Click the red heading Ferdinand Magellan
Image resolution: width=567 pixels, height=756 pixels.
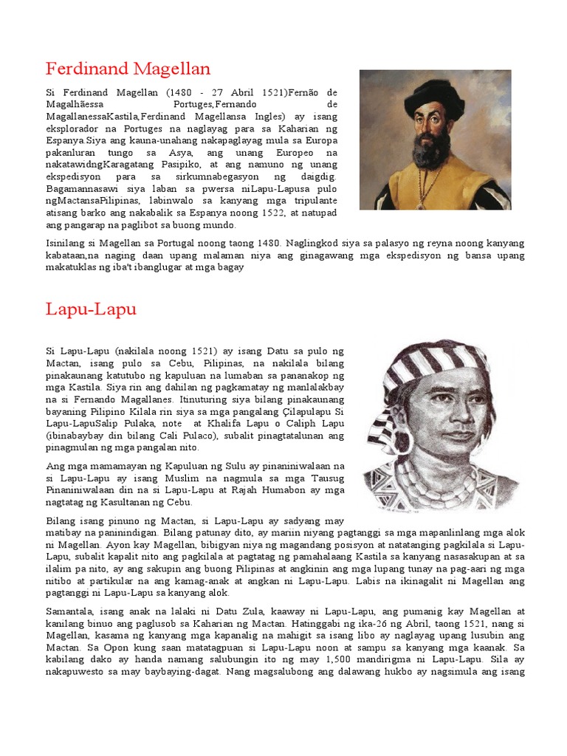[x=128, y=69]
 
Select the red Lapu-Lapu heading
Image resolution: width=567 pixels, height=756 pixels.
[x=91, y=309]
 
